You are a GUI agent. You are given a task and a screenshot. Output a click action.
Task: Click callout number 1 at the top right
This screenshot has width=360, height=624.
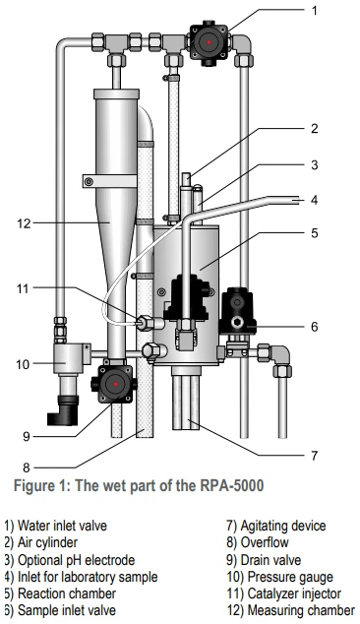(x=314, y=11)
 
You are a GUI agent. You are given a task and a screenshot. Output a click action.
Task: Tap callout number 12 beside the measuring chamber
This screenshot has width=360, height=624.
(x=24, y=223)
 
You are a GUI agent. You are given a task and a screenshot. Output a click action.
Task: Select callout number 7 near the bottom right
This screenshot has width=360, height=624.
(x=314, y=455)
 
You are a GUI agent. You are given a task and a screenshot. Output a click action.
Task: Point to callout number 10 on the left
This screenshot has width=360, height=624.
(x=23, y=364)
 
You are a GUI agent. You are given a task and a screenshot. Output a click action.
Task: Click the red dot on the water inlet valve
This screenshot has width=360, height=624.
(x=209, y=41)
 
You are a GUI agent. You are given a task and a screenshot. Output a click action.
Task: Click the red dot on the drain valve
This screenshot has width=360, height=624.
(x=115, y=384)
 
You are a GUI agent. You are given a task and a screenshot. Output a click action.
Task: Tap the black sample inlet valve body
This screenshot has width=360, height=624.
(x=238, y=310)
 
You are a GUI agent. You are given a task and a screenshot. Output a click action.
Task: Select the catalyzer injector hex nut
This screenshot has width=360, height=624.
(x=145, y=322)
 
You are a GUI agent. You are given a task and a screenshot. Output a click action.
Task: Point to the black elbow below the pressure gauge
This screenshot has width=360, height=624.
(x=62, y=410)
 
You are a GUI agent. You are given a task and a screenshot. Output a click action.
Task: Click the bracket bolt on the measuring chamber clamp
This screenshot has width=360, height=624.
(x=89, y=182)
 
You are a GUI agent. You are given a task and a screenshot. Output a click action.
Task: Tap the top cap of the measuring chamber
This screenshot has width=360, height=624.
(x=116, y=94)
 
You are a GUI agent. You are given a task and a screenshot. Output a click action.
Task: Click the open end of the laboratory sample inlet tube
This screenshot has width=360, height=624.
(x=297, y=200)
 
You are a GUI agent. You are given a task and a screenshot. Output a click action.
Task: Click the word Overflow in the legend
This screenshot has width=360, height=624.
(x=265, y=542)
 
